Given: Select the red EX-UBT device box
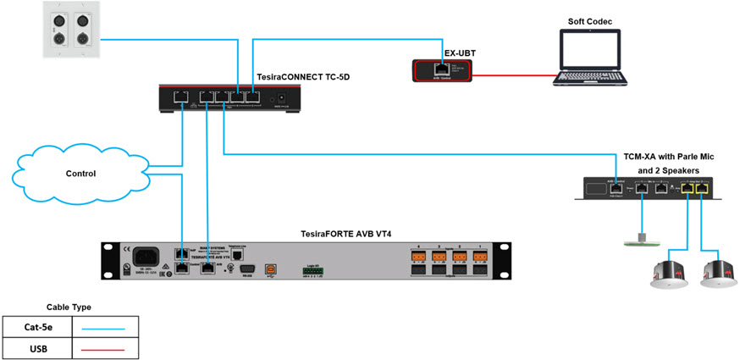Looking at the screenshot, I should [x=439, y=70].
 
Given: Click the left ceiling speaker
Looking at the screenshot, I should [x=671, y=272].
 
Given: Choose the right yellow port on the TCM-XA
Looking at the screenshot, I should [x=702, y=189].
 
